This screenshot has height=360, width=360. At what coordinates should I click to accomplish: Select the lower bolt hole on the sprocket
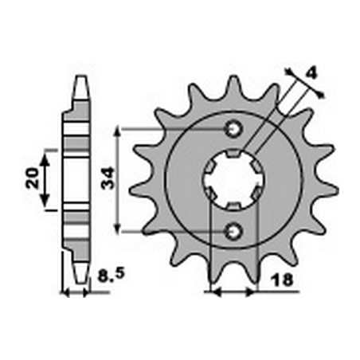233,230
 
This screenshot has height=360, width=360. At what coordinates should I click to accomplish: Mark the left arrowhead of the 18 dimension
211,292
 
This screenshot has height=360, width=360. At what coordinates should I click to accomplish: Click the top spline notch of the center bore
233,154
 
